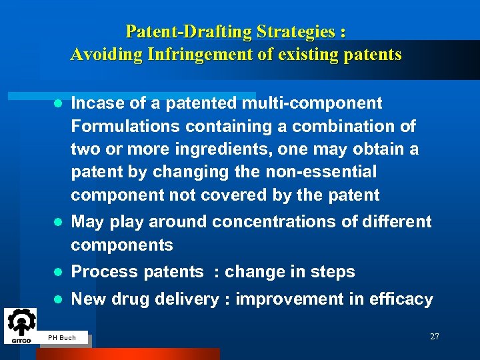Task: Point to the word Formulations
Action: [126, 126]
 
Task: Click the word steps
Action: [333, 272]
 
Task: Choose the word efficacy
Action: [402, 300]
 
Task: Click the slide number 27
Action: [434, 337]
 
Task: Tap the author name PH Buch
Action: [62, 338]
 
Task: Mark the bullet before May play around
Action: [58, 222]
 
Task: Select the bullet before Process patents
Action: [58, 273]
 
